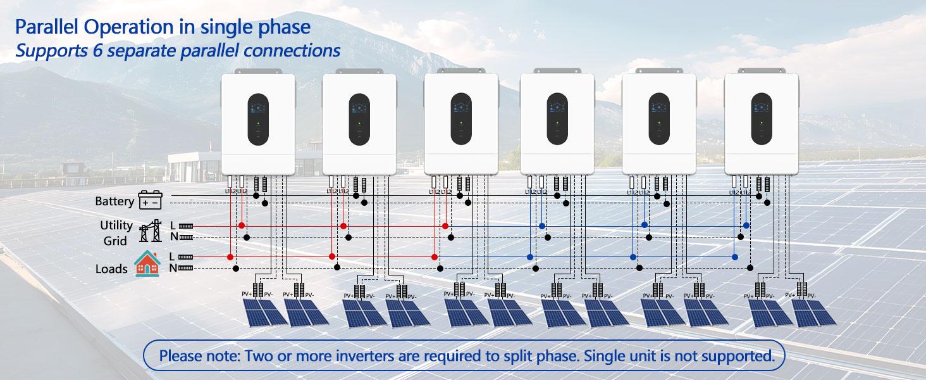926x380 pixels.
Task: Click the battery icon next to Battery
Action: pyautogui.click(x=150, y=201)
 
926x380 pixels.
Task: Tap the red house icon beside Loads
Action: pyautogui.click(x=147, y=263)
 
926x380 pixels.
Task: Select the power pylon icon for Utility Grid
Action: pyautogui.click(x=151, y=232)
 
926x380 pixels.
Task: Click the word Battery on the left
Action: pyautogui.click(x=114, y=201)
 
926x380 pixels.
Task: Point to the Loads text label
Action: pyautogui.click(x=111, y=269)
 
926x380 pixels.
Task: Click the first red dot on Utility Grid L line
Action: pyautogui.click(x=241, y=225)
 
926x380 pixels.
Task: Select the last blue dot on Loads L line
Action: pyautogui.click(x=734, y=257)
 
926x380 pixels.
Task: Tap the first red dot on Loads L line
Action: pyautogui.click(x=230, y=257)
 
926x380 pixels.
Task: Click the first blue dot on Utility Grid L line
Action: pyautogui.click(x=542, y=225)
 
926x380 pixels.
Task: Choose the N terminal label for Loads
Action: pyautogui.click(x=173, y=268)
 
